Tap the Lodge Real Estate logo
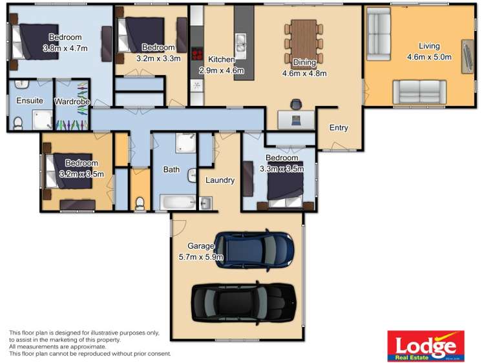[425, 346]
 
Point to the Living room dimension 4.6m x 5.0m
[428, 57]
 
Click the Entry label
[339, 128]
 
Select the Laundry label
[220, 180]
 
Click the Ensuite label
[30, 101]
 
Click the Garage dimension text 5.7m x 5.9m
[201, 256]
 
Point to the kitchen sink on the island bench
[240, 43]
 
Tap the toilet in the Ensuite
[19, 123]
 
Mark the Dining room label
[304, 63]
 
